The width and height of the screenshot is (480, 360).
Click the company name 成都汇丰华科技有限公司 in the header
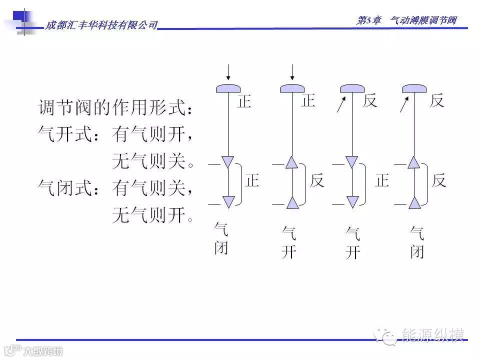[x=101, y=25]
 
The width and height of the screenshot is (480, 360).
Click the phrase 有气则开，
[x=152, y=134]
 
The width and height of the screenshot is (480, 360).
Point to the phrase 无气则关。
[x=152, y=161]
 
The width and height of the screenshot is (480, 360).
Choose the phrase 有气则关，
[x=152, y=188]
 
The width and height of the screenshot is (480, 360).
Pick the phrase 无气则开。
[x=152, y=215]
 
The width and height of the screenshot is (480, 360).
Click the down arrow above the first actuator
[x=228, y=72]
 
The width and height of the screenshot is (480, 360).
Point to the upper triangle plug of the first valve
[x=228, y=162]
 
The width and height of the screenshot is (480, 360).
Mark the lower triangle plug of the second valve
[x=292, y=202]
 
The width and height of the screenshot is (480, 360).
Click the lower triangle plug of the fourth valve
[x=414, y=202]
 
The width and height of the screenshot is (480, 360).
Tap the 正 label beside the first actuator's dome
[x=244, y=101]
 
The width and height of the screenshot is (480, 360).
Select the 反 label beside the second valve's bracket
[x=317, y=180]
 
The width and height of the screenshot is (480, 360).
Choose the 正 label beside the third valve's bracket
[x=382, y=180]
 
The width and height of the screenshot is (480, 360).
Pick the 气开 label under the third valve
[x=352, y=243]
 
